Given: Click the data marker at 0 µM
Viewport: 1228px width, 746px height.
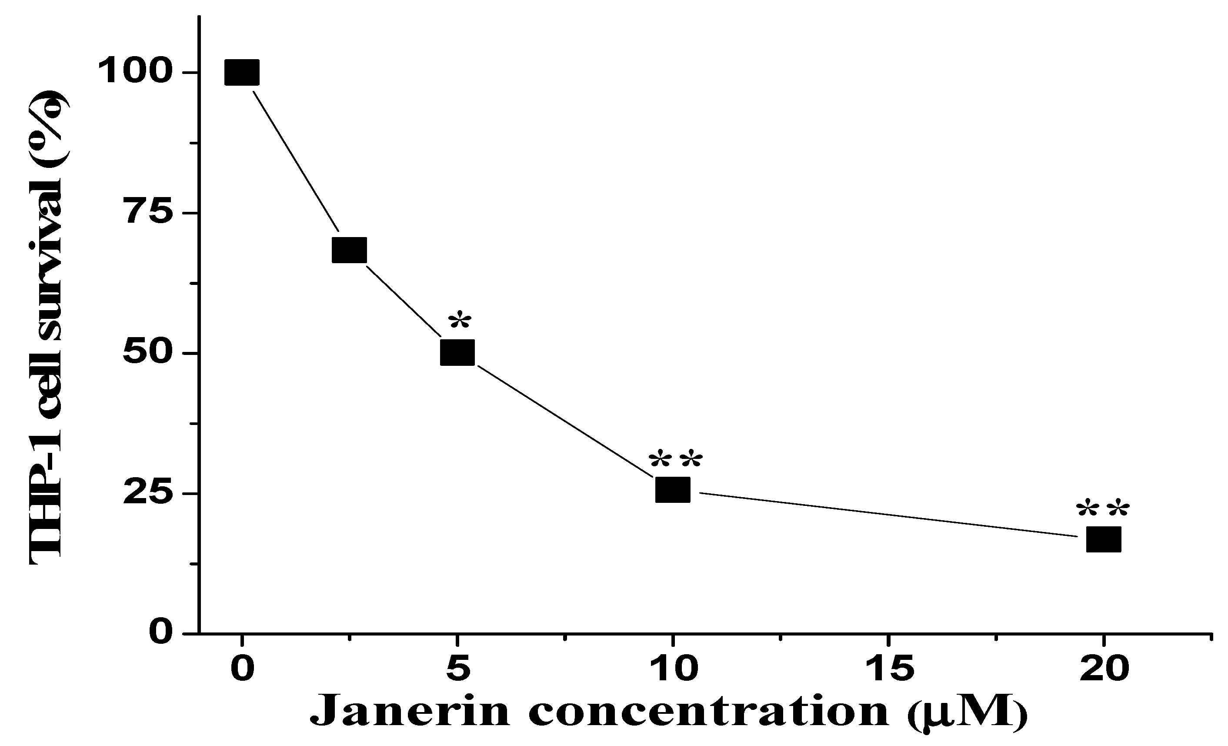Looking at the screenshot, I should point(242,72).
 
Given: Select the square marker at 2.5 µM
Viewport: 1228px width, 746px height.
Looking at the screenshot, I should point(349,250).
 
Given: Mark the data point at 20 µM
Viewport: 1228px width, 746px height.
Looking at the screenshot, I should point(1103,539).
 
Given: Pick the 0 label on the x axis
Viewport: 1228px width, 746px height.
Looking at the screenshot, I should point(242,668).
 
